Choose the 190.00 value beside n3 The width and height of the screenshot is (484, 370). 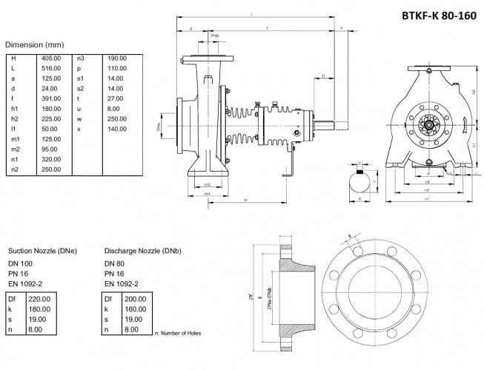pyautogui.click(x=118, y=58)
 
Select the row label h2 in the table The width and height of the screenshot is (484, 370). pyautogui.click(x=14, y=118)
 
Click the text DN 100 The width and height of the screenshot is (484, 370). pyautogui.click(x=21, y=263)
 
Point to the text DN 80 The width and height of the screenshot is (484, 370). pyautogui.click(x=115, y=263)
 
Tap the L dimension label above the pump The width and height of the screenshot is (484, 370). pyautogui.click(x=253, y=14)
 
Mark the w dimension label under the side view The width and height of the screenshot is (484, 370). pyautogui.click(x=245, y=201)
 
